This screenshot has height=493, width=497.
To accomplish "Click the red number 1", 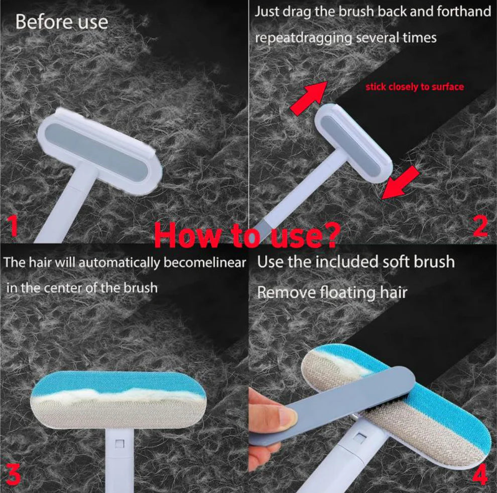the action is point(13,225).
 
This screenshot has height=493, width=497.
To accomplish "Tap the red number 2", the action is point(480,225).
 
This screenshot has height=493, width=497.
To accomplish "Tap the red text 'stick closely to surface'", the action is point(414,87).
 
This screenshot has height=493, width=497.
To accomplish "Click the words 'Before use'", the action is point(61,22).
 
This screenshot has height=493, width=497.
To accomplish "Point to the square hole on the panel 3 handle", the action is point(119,443).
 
